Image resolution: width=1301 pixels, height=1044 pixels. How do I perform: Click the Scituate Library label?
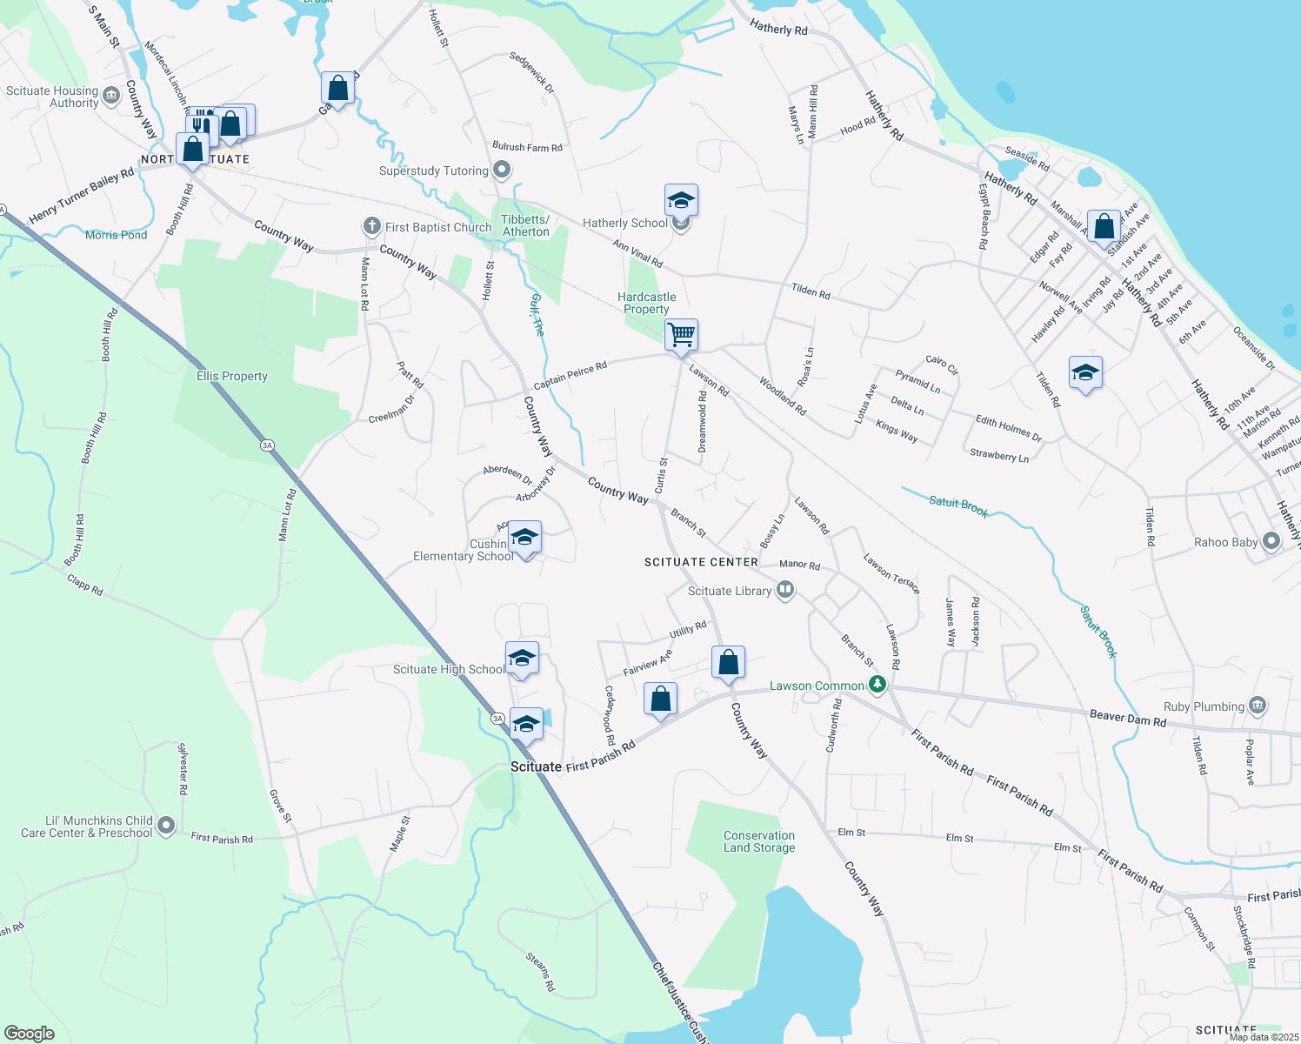(729, 591)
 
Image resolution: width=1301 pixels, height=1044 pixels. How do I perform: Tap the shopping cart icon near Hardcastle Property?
(682, 334)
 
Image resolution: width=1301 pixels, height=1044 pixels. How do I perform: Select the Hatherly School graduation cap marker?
(681, 201)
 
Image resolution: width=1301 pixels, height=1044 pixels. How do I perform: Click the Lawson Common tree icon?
(877, 686)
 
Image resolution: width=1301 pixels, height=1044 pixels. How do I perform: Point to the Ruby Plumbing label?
(1204, 706)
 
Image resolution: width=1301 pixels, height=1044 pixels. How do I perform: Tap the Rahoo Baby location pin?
(1271, 542)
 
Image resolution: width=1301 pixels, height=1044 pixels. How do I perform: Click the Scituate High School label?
(448, 669)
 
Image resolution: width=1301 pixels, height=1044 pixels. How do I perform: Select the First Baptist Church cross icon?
(372, 227)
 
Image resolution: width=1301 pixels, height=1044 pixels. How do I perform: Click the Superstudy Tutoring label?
(433, 171)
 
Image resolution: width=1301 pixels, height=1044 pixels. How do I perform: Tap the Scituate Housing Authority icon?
(111, 96)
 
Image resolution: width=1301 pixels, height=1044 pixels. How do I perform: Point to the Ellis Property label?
(232, 376)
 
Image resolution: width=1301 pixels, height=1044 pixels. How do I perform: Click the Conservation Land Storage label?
(759, 841)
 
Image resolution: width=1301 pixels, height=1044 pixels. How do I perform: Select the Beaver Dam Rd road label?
(1127, 718)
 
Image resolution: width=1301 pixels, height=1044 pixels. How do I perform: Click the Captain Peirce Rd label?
(570, 376)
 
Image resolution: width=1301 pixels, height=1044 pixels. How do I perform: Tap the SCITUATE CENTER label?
(701, 562)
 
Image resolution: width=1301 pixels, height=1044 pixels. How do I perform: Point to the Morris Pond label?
(117, 235)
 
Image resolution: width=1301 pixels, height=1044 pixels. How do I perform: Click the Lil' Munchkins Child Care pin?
(166, 825)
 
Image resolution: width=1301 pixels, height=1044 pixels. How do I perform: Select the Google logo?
(29, 1034)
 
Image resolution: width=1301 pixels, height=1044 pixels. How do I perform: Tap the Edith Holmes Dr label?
(1008, 428)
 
